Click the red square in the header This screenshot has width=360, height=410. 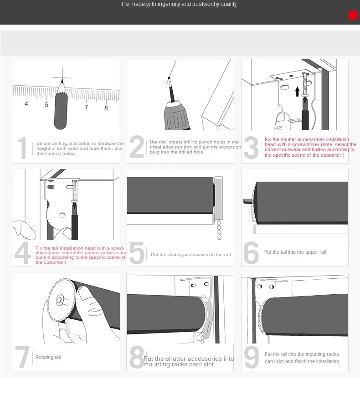(353, 15)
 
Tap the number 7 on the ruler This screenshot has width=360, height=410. (86, 107)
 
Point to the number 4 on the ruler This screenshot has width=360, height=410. (26, 104)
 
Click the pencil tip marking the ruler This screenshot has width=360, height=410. (62, 79)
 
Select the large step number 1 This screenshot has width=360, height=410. (22, 148)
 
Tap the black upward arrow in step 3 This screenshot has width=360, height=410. (297, 92)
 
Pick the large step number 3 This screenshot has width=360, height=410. (251, 148)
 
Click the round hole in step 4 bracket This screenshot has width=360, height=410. (62, 215)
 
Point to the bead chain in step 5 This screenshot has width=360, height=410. (219, 230)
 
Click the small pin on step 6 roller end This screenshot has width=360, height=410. (247, 201)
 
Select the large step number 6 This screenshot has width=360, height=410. (251, 252)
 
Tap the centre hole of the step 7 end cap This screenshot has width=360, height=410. (59, 300)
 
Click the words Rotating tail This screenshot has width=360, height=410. (48, 357)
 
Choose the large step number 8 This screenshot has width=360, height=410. (137, 357)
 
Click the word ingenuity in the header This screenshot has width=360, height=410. (169, 4)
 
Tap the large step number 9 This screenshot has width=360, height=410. (251, 357)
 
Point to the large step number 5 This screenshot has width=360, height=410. (137, 252)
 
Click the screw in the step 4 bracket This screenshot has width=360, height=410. (75, 191)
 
